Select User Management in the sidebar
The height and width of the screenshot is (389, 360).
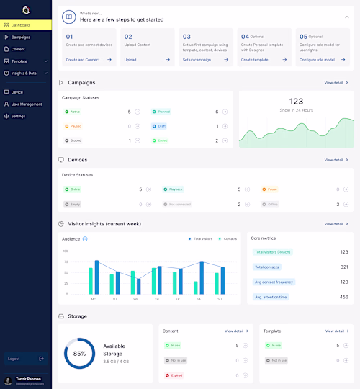(x=26, y=104)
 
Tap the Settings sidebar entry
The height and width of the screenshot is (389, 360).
(x=18, y=116)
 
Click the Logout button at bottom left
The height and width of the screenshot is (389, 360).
(x=14, y=358)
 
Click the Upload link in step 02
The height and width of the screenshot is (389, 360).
(x=130, y=60)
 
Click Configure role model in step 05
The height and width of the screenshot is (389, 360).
(x=316, y=60)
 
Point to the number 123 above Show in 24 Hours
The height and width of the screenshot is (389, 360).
(x=296, y=102)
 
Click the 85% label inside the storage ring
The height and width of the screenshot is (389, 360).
(x=79, y=354)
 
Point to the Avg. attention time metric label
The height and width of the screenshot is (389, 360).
(x=271, y=297)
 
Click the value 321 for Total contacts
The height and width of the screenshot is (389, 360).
(x=343, y=267)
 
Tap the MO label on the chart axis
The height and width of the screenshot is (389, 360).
(x=94, y=299)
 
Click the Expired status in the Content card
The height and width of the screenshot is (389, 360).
(x=176, y=375)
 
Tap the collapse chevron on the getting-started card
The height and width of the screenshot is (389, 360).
(x=347, y=16)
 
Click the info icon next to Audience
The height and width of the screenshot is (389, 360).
(x=85, y=238)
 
